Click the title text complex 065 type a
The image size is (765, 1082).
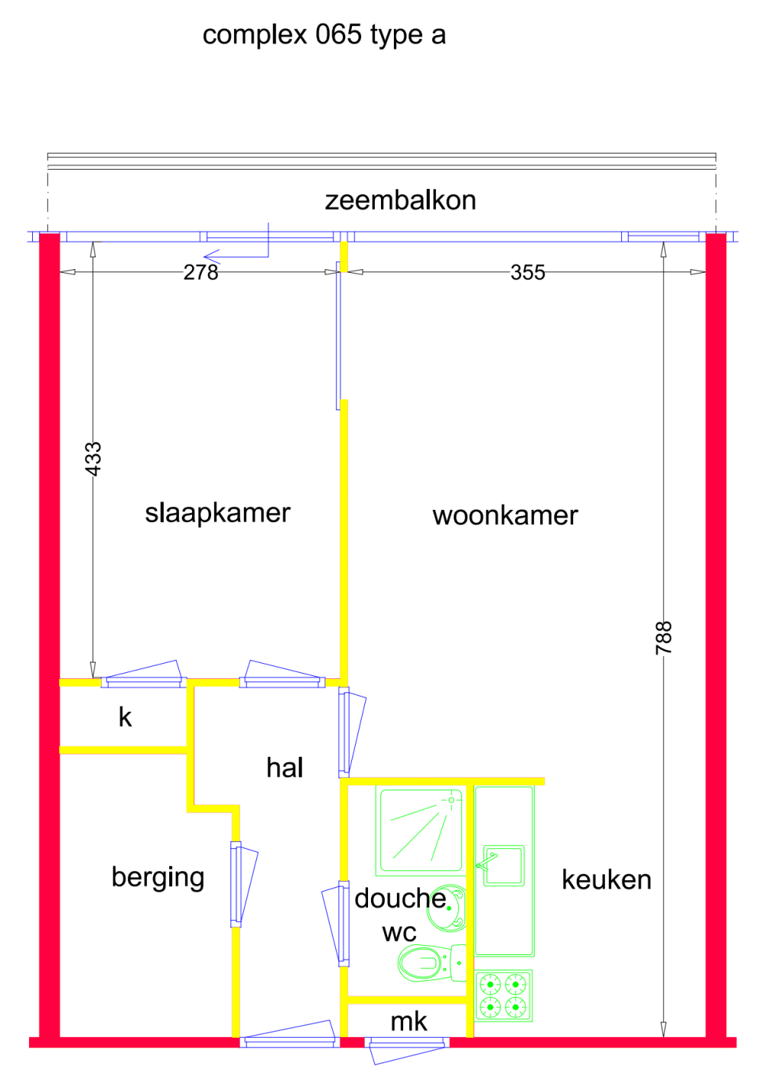point(324,35)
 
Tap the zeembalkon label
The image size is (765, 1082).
point(400,200)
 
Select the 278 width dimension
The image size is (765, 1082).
point(200,272)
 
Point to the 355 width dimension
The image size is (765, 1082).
point(527,272)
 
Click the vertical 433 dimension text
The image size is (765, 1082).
point(93,459)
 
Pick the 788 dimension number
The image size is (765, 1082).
point(663,637)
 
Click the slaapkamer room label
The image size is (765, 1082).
point(217,512)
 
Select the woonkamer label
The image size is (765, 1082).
point(505,515)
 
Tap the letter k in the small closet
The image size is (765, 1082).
point(125,717)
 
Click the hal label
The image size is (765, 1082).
point(285,768)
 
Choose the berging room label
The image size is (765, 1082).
point(158,877)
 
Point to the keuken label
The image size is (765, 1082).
point(606,879)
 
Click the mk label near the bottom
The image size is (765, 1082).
point(409,1022)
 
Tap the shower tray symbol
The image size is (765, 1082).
point(421,832)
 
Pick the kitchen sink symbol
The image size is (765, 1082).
point(503,866)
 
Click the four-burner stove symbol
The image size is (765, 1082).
point(503,996)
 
